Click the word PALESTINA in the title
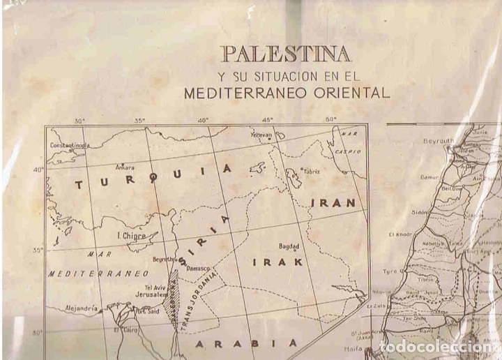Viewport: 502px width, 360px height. (x=285, y=53)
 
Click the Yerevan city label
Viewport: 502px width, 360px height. (x=261, y=135)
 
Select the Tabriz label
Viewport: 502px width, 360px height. (x=310, y=171)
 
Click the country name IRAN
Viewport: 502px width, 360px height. (x=333, y=203)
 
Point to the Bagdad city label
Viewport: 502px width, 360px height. (x=289, y=246)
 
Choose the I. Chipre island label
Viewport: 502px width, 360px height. (x=132, y=236)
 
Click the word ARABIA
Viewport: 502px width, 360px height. (x=245, y=343)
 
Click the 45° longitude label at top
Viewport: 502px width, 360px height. (x=268, y=120)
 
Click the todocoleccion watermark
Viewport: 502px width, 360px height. (x=439, y=347)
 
